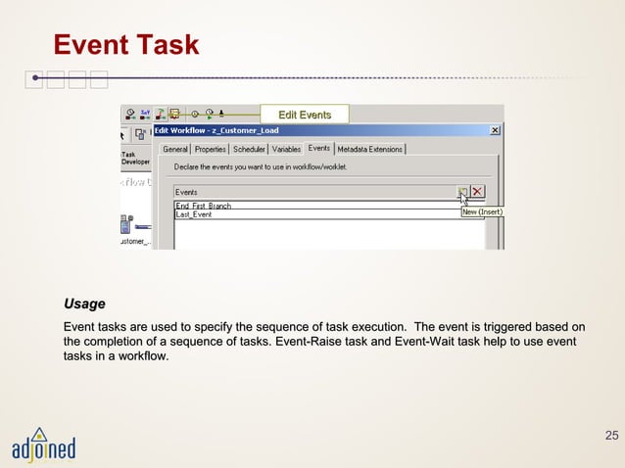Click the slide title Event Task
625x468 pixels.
125,45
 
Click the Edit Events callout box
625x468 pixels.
305,116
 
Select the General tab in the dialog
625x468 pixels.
175,150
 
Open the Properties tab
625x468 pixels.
210,150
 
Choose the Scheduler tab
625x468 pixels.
249,150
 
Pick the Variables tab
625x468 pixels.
286,150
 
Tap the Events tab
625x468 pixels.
319,149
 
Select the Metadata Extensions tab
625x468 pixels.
370,150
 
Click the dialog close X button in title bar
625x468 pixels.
495,130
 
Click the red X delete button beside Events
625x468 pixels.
478,192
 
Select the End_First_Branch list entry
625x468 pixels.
204,207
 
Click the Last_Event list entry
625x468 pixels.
194,214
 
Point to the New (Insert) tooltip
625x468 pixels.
482,211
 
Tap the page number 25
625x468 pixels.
612,435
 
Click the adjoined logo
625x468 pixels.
43,445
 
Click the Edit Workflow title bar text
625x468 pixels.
216,130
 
